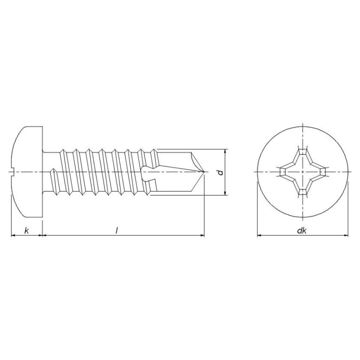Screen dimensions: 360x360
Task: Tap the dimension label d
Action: coord(220,172)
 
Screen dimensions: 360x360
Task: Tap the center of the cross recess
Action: coord(303,172)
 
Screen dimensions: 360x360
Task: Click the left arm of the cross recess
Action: coord(284,172)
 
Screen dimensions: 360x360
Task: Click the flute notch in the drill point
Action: coord(149,172)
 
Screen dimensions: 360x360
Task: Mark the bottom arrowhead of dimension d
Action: coord(225,193)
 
